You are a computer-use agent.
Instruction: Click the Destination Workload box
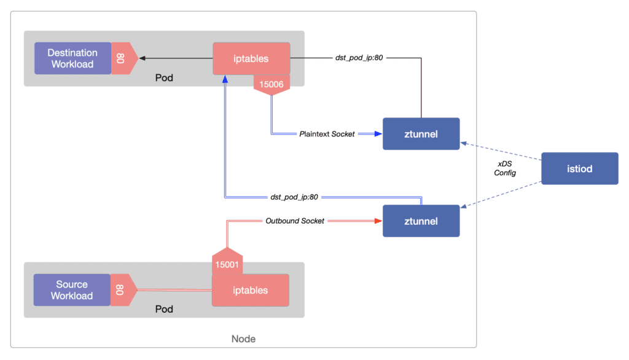(72, 58)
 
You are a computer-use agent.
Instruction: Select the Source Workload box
(72, 290)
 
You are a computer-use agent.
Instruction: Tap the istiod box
(580, 168)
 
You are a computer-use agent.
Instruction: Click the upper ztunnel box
(421, 133)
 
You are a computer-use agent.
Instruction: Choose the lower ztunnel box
(421, 221)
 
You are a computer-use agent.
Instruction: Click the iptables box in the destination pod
(251, 59)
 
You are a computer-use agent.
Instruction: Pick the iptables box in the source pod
(250, 290)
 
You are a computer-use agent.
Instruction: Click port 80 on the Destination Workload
(120, 58)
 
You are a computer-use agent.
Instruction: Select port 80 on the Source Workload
(120, 289)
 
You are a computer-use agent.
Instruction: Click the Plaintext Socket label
(327, 133)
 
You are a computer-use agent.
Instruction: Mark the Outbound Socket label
(295, 221)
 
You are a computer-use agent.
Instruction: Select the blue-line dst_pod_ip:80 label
(294, 197)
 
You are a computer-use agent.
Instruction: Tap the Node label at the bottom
(243, 338)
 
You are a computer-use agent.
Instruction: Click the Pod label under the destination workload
(164, 78)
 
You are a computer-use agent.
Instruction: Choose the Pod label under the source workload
(164, 309)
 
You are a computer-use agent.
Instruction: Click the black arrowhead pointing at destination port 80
(142, 58)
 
